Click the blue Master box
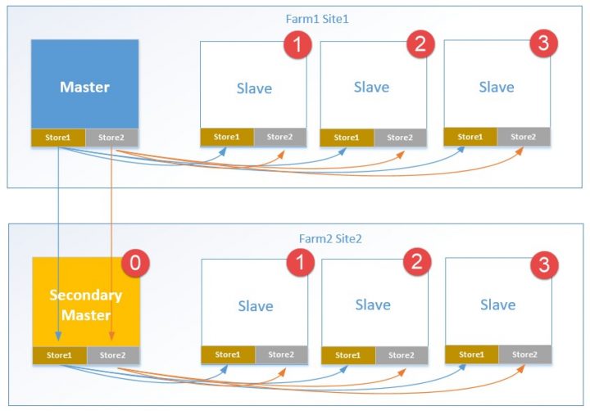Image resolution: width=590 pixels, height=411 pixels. pyautogui.click(x=84, y=86)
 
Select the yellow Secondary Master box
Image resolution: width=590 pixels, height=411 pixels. pyautogui.click(x=85, y=303)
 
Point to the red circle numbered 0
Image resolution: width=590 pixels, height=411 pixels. pyautogui.click(x=134, y=264)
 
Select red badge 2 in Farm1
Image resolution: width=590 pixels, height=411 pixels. pyautogui.click(x=419, y=44)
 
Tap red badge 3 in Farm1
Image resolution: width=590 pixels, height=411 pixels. pyautogui.click(x=542, y=44)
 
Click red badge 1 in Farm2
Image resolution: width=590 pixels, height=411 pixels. pyautogui.click(x=298, y=264)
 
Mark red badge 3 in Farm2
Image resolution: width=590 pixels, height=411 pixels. pyautogui.click(x=542, y=264)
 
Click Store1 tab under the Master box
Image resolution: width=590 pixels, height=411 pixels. pyautogui.click(x=58, y=138)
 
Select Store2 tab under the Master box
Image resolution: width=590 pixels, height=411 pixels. pyautogui.click(x=111, y=138)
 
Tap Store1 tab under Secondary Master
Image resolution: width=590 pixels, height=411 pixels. pyautogui.click(x=59, y=355)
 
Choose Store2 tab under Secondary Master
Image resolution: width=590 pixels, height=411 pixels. pyautogui.click(x=113, y=355)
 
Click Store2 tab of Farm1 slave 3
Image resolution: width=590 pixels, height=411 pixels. pyautogui.click(x=523, y=137)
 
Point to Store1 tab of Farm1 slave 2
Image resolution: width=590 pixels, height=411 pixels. pyautogui.click(x=347, y=138)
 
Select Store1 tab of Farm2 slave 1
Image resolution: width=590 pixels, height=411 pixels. pyautogui.click(x=228, y=355)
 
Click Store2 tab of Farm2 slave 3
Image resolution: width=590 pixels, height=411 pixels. pyautogui.click(x=524, y=355)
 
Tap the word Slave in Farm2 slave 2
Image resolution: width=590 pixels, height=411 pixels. pyautogui.click(x=373, y=305)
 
